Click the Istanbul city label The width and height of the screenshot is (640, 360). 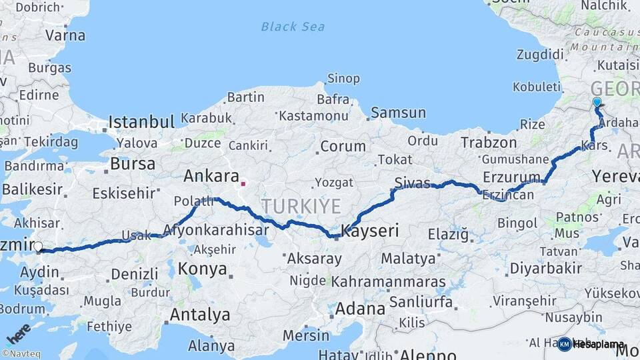pos(141,122)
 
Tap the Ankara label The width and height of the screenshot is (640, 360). pos(211,176)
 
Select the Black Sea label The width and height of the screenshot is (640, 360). pos(293,27)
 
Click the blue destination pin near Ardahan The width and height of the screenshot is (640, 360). pos(597,103)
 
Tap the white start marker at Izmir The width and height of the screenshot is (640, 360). pos(38,247)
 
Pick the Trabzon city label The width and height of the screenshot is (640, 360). pos(489,143)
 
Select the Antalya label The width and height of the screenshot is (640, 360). pos(199,314)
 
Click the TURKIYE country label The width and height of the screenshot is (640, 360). pos(301,205)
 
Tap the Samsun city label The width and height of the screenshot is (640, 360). pos(398,113)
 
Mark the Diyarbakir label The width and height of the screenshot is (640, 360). pos(545,268)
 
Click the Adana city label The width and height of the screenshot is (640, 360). pos(360,309)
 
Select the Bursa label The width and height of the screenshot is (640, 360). pos(133,163)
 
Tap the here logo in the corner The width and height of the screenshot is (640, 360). pos(19,333)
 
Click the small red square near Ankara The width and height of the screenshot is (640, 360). pos(243,183)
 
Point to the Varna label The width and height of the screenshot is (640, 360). pos(65,35)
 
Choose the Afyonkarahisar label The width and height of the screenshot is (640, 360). pos(224,229)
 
